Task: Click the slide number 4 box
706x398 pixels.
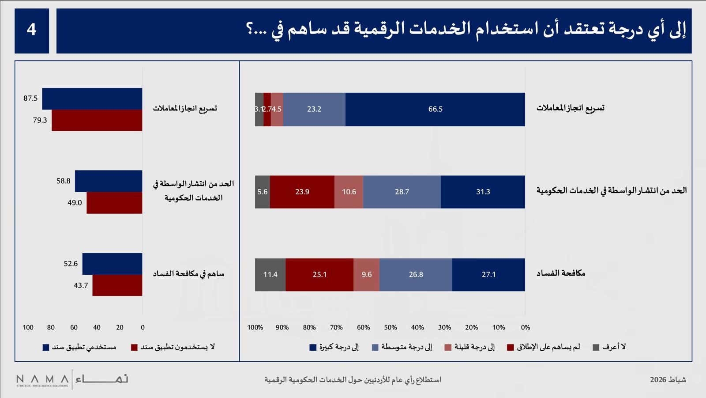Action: pyautogui.click(x=31, y=30)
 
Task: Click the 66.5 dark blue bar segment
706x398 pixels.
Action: pyautogui.click(x=435, y=109)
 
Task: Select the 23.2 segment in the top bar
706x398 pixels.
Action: pyautogui.click(x=314, y=109)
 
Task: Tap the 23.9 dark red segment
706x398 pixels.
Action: pyautogui.click(x=302, y=192)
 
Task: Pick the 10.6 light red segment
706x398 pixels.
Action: pyautogui.click(x=349, y=192)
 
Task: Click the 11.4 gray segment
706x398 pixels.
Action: pyautogui.click(x=270, y=274)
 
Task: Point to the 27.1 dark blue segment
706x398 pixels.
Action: pyautogui.click(x=488, y=274)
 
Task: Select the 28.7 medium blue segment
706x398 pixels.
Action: pyautogui.click(x=402, y=192)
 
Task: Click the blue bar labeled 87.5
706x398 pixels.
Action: pyautogui.click(x=92, y=99)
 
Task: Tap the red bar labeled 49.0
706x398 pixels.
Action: pyautogui.click(x=114, y=203)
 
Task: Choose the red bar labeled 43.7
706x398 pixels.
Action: pyautogui.click(x=117, y=285)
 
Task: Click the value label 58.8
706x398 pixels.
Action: pyautogui.click(x=64, y=181)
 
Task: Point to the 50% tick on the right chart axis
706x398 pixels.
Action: pyautogui.click(x=391, y=327)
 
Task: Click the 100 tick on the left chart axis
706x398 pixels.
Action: pyautogui.click(x=28, y=327)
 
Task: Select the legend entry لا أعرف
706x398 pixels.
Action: pyautogui.click(x=609, y=347)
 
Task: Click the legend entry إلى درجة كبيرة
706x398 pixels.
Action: pyautogui.click(x=334, y=347)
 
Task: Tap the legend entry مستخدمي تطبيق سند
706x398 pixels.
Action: pyautogui.click(x=79, y=347)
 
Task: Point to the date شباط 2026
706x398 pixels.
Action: pyautogui.click(x=668, y=379)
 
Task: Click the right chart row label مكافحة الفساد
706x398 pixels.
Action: pyautogui.click(x=561, y=273)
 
